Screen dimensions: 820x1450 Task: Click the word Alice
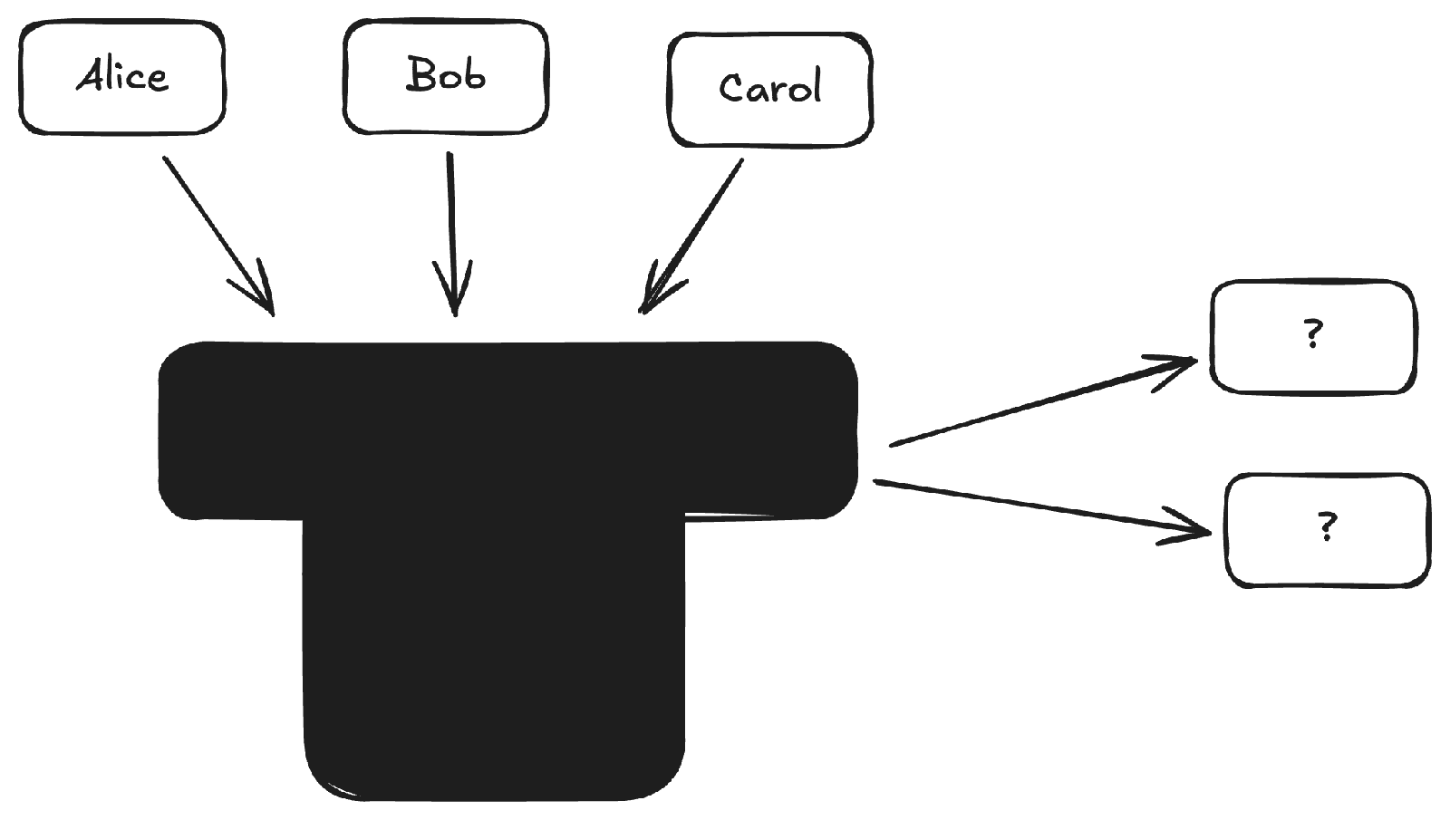pyautogui.click(x=122, y=76)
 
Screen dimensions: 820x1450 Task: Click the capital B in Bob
pyautogui.click(x=420, y=74)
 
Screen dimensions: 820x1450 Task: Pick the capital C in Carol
pyautogui.click(x=730, y=89)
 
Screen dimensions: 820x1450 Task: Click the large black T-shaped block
pyautogui.click(x=494, y=544)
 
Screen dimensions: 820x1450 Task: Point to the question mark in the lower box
pyautogui.click(x=1328, y=526)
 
